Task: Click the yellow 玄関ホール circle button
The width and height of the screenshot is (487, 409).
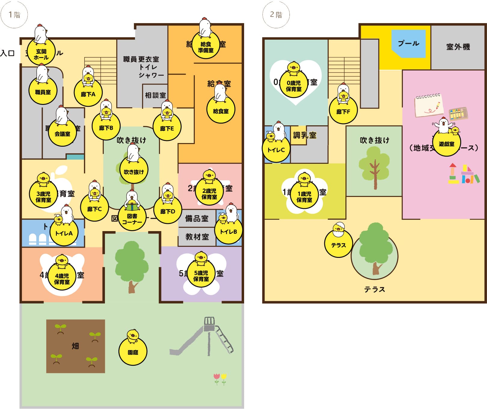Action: pyautogui.click(x=41, y=54)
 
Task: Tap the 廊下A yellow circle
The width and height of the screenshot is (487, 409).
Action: pyautogui.click(x=88, y=94)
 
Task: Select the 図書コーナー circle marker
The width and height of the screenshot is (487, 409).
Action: pyautogui.click(x=132, y=219)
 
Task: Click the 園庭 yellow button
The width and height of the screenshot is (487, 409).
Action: pyautogui.click(x=133, y=352)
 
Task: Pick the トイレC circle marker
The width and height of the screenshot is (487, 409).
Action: pyautogui.click(x=276, y=149)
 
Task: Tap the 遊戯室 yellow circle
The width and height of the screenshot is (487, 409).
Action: pyautogui.click(x=446, y=144)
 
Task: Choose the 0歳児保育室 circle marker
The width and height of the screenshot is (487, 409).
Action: pyautogui.click(x=294, y=86)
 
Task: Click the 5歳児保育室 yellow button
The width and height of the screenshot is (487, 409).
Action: pyautogui.click(x=201, y=276)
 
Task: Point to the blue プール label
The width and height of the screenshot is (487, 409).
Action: pyautogui.click(x=408, y=43)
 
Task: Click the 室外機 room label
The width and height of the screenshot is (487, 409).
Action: pyautogui.click(x=458, y=47)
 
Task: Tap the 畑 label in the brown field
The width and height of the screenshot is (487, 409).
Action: pyautogui.click(x=75, y=346)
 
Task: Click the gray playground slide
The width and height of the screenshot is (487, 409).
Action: pyautogui.click(x=204, y=337)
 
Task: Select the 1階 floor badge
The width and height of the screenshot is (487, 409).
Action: pyautogui.click(x=14, y=15)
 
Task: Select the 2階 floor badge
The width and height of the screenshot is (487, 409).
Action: pyautogui.click(x=276, y=15)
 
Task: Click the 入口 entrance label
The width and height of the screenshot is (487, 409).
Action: pyautogui.click(x=8, y=53)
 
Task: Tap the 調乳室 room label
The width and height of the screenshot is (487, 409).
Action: pyautogui.click(x=305, y=135)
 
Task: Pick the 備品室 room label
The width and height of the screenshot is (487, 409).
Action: pyautogui.click(x=197, y=218)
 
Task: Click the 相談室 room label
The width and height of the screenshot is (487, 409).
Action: pyautogui.click(x=155, y=95)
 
